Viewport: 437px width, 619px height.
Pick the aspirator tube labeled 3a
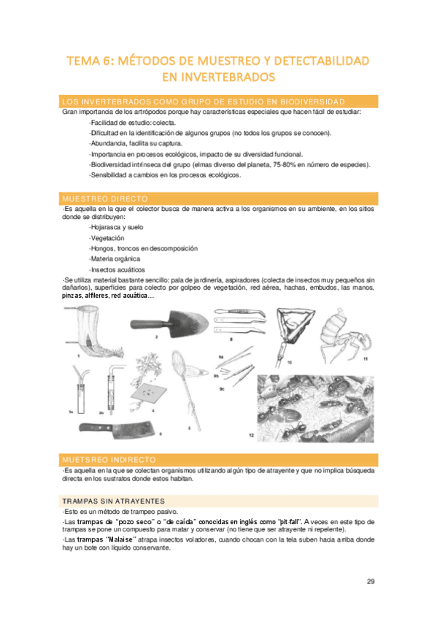[80, 391]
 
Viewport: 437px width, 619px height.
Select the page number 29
[371, 582]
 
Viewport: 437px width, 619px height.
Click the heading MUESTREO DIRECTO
[105, 199]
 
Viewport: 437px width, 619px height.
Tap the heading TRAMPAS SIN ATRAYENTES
[114, 501]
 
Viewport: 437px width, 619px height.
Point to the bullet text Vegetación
[107, 238]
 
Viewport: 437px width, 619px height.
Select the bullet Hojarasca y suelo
[116, 228]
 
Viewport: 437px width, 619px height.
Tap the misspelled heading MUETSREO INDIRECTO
[109, 460]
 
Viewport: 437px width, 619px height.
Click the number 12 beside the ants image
[251, 435]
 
